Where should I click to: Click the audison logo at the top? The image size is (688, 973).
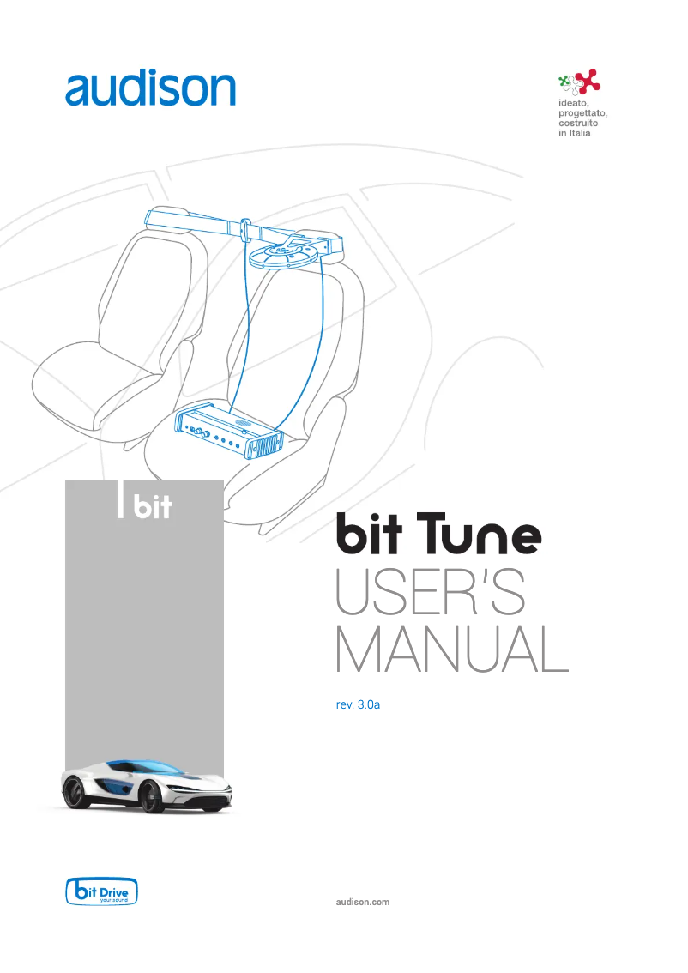tap(150, 88)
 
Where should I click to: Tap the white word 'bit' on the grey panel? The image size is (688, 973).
tap(154, 508)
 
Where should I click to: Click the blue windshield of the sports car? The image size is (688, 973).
tap(142, 765)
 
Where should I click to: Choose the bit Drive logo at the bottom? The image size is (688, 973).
tap(102, 891)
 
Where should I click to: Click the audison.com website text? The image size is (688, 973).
tap(362, 902)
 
